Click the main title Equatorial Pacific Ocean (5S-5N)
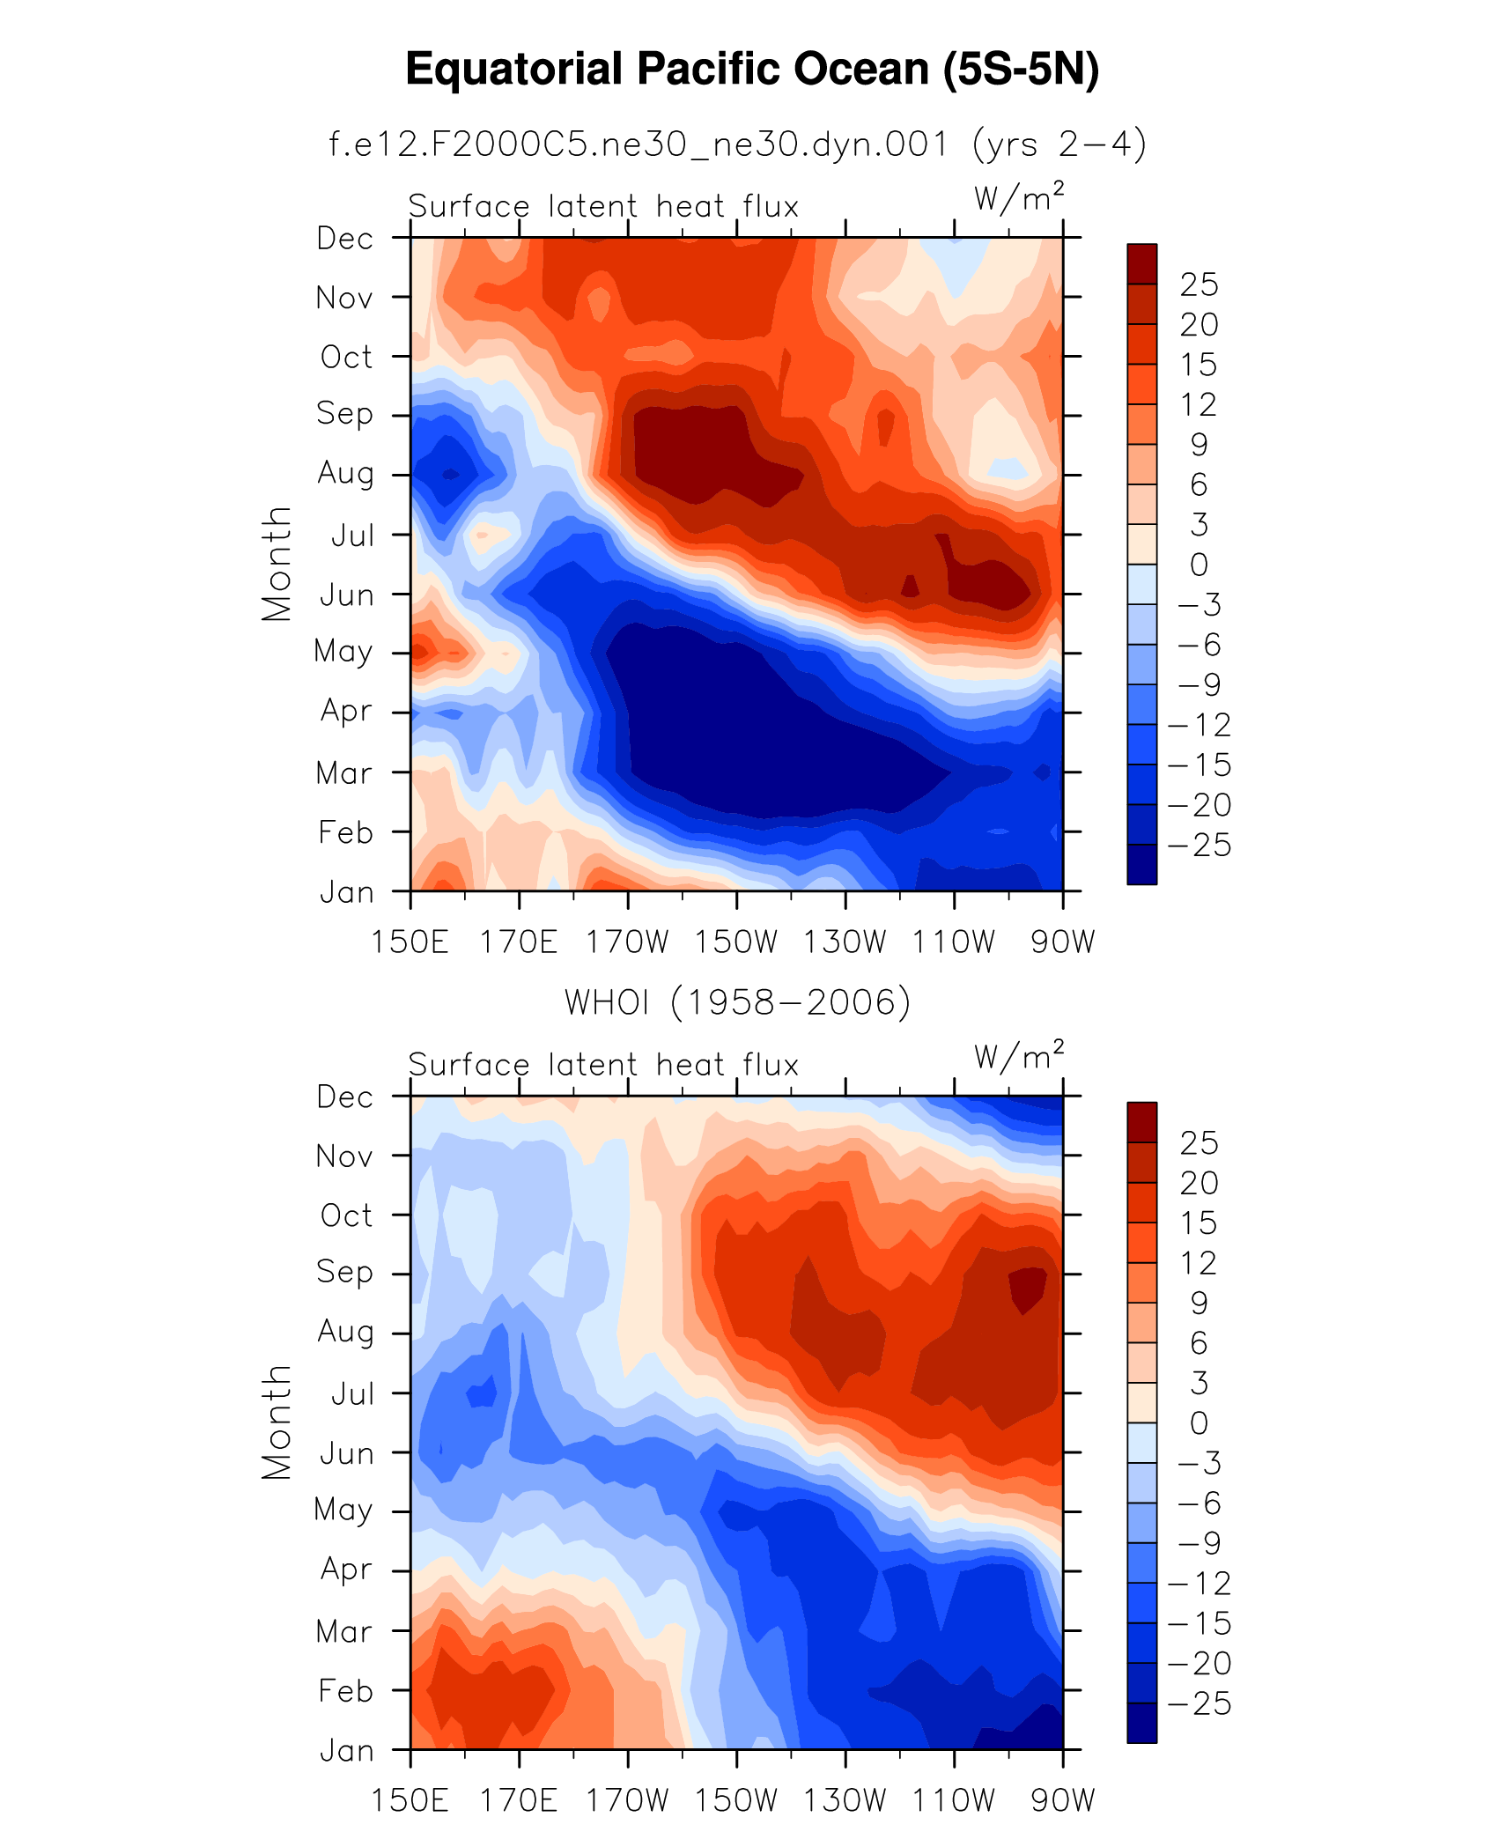point(752,70)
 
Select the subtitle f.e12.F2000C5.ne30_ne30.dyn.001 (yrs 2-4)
point(737,144)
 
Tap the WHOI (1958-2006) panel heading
point(737,1002)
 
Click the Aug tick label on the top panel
point(345,474)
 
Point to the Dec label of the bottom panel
point(345,1097)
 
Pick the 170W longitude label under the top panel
point(628,942)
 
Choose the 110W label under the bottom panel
point(954,1800)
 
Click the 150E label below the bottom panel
point(410,1800)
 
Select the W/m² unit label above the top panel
point(1019,197)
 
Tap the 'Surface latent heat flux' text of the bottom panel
point(603,1065)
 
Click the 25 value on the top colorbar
point(1199,284)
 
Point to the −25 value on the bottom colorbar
point(1199,1703)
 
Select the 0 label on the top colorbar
point(1199,565)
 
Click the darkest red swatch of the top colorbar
point(1141,263)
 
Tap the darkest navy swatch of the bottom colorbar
point(1141,1723)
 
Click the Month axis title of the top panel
point(277,564)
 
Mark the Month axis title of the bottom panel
point(277,1422)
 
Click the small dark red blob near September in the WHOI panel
point(1027,1288)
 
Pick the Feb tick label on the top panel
point(345,832)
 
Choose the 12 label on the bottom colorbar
point(1199,1263)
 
